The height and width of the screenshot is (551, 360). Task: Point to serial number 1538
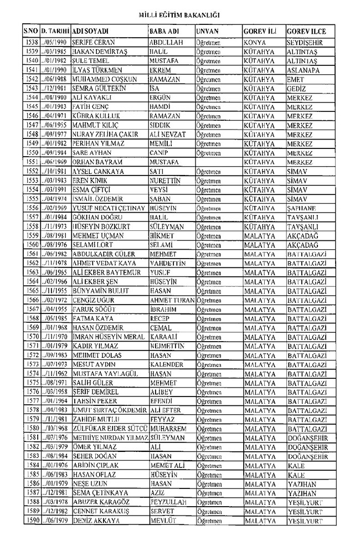(x=32, y=42)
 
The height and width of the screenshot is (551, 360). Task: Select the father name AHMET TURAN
(x=172, y=300)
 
